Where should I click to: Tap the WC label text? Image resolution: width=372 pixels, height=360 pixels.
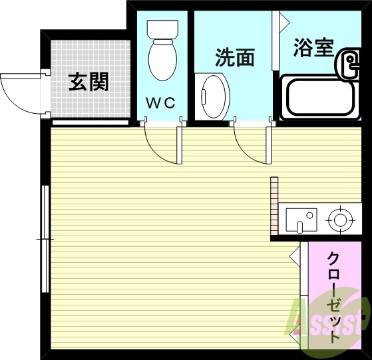[x=160, y=103]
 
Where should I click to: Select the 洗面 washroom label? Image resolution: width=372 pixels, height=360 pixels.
[x=235, y=58]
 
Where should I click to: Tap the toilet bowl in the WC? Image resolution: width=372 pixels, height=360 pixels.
[x=160, y=61]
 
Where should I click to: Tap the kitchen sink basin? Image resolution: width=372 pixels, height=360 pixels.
[x=301, y=219]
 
